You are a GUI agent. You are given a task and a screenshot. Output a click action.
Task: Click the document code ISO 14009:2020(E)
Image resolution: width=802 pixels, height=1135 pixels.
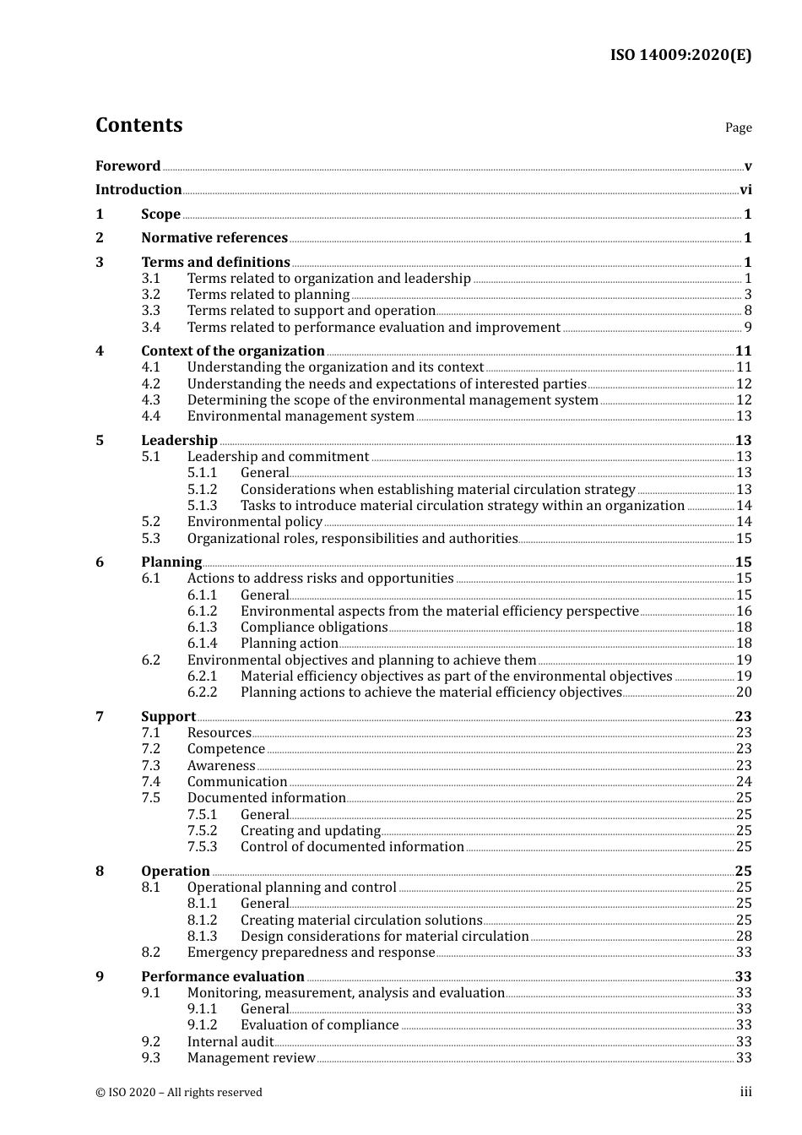click(680, 55)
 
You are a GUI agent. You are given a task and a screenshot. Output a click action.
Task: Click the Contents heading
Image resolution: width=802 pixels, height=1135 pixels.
click(138, 125)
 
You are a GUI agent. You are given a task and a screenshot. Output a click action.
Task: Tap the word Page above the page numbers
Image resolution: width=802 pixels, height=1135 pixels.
click(738, 128)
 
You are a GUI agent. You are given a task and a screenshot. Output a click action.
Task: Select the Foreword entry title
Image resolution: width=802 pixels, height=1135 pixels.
click(127, 166)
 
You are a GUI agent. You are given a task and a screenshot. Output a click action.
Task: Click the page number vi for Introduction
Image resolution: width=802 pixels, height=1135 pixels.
click(745, 190)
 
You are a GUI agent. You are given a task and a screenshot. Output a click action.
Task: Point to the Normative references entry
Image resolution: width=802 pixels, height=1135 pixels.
click(214, 238)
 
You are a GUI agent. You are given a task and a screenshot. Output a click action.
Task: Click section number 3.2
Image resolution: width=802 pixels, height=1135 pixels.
click(150, 295)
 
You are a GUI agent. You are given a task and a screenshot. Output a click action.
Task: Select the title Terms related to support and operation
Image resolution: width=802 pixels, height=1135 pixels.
click(311, 311)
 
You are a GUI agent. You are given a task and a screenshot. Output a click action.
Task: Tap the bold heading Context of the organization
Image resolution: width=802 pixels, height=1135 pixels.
click(233, 350)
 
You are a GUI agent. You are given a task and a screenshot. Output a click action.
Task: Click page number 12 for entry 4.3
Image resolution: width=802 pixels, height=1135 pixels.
click(744, 400)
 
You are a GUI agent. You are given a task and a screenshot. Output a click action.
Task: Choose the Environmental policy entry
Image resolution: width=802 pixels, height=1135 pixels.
click(255, 522)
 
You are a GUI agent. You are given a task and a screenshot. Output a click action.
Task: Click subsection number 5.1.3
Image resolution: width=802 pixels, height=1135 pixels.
click(202, 506)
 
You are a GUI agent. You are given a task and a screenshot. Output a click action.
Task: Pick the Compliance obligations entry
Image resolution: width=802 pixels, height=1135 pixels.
click(314, 627)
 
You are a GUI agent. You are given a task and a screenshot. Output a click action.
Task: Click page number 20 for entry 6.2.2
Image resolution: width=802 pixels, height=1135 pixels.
click(744, 692)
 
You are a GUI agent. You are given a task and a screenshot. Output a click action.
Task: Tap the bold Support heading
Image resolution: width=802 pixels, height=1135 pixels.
click(168, 716)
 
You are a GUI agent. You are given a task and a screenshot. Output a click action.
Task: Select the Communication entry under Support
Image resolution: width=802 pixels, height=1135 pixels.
click(237, 782)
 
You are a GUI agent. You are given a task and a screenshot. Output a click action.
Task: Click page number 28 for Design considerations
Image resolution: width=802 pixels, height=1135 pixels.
click(744, 937)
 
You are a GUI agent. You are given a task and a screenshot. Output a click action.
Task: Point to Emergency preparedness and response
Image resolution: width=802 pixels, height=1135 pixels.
click(311, 953)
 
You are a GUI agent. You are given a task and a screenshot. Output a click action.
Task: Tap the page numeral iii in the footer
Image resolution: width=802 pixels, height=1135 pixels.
click(745, 1092)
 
